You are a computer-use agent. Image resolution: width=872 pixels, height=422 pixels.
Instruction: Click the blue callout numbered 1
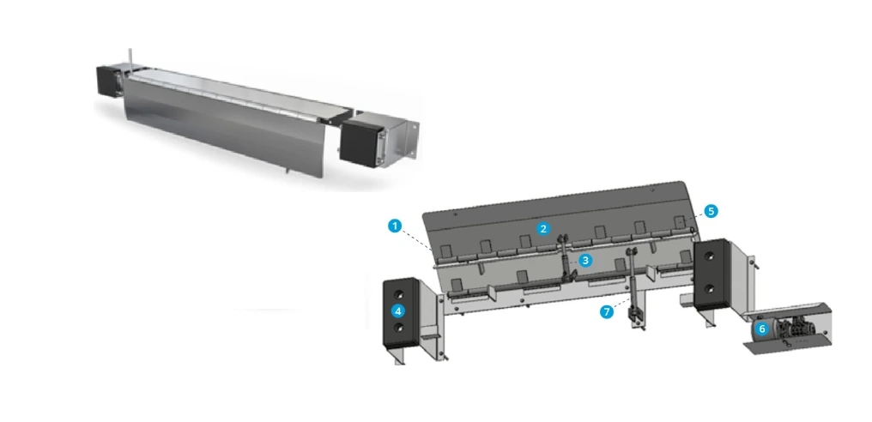tap(395, 226)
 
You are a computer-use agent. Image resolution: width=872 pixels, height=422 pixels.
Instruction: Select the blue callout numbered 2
tap(543, 228)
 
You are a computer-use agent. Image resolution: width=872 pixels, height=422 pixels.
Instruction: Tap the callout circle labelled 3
tap(585, 260)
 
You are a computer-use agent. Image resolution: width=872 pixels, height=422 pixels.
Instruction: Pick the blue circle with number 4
tap(399, 310)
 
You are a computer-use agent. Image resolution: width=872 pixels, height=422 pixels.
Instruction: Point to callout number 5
tap(711, 211)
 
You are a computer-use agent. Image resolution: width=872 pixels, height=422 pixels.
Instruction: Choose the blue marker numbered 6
tap(762, 329)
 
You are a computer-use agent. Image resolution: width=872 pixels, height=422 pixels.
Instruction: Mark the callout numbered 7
tap(607, 312)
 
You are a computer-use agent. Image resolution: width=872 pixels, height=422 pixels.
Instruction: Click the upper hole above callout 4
tap(399, 294)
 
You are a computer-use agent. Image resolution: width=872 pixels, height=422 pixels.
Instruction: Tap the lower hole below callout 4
tap(399, 328)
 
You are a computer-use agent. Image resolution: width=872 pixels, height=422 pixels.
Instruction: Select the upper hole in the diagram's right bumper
tap(710, 256)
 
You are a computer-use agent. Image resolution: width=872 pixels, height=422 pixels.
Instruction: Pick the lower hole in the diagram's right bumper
tap(710, 289)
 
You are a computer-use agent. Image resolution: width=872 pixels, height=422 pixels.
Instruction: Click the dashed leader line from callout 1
tap(417, 240)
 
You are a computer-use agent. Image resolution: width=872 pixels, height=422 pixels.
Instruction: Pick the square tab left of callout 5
tap(679, 223)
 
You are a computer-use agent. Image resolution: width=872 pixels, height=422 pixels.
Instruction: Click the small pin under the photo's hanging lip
tap(287, 170)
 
